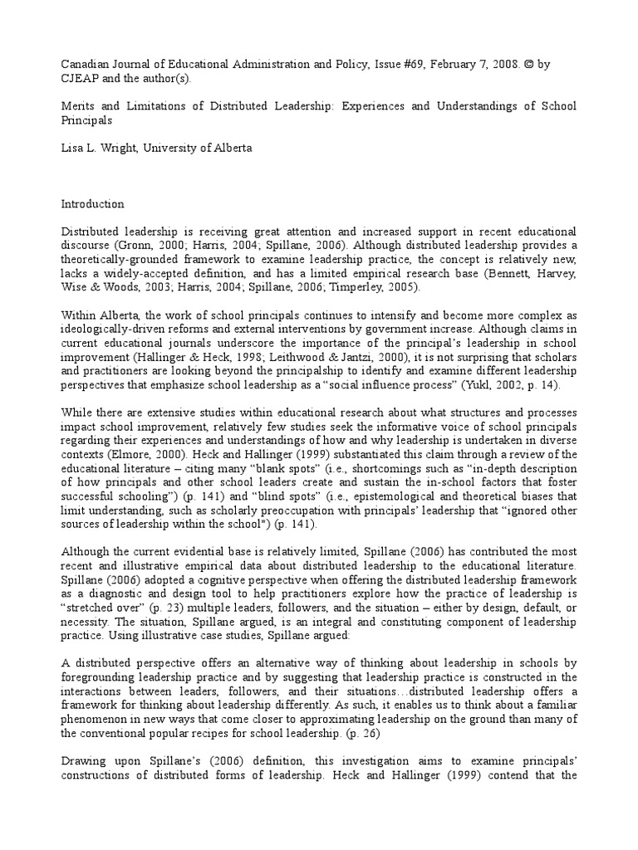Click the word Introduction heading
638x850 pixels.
click(x=93, y=203)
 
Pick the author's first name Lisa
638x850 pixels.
click(x=74, y=149)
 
